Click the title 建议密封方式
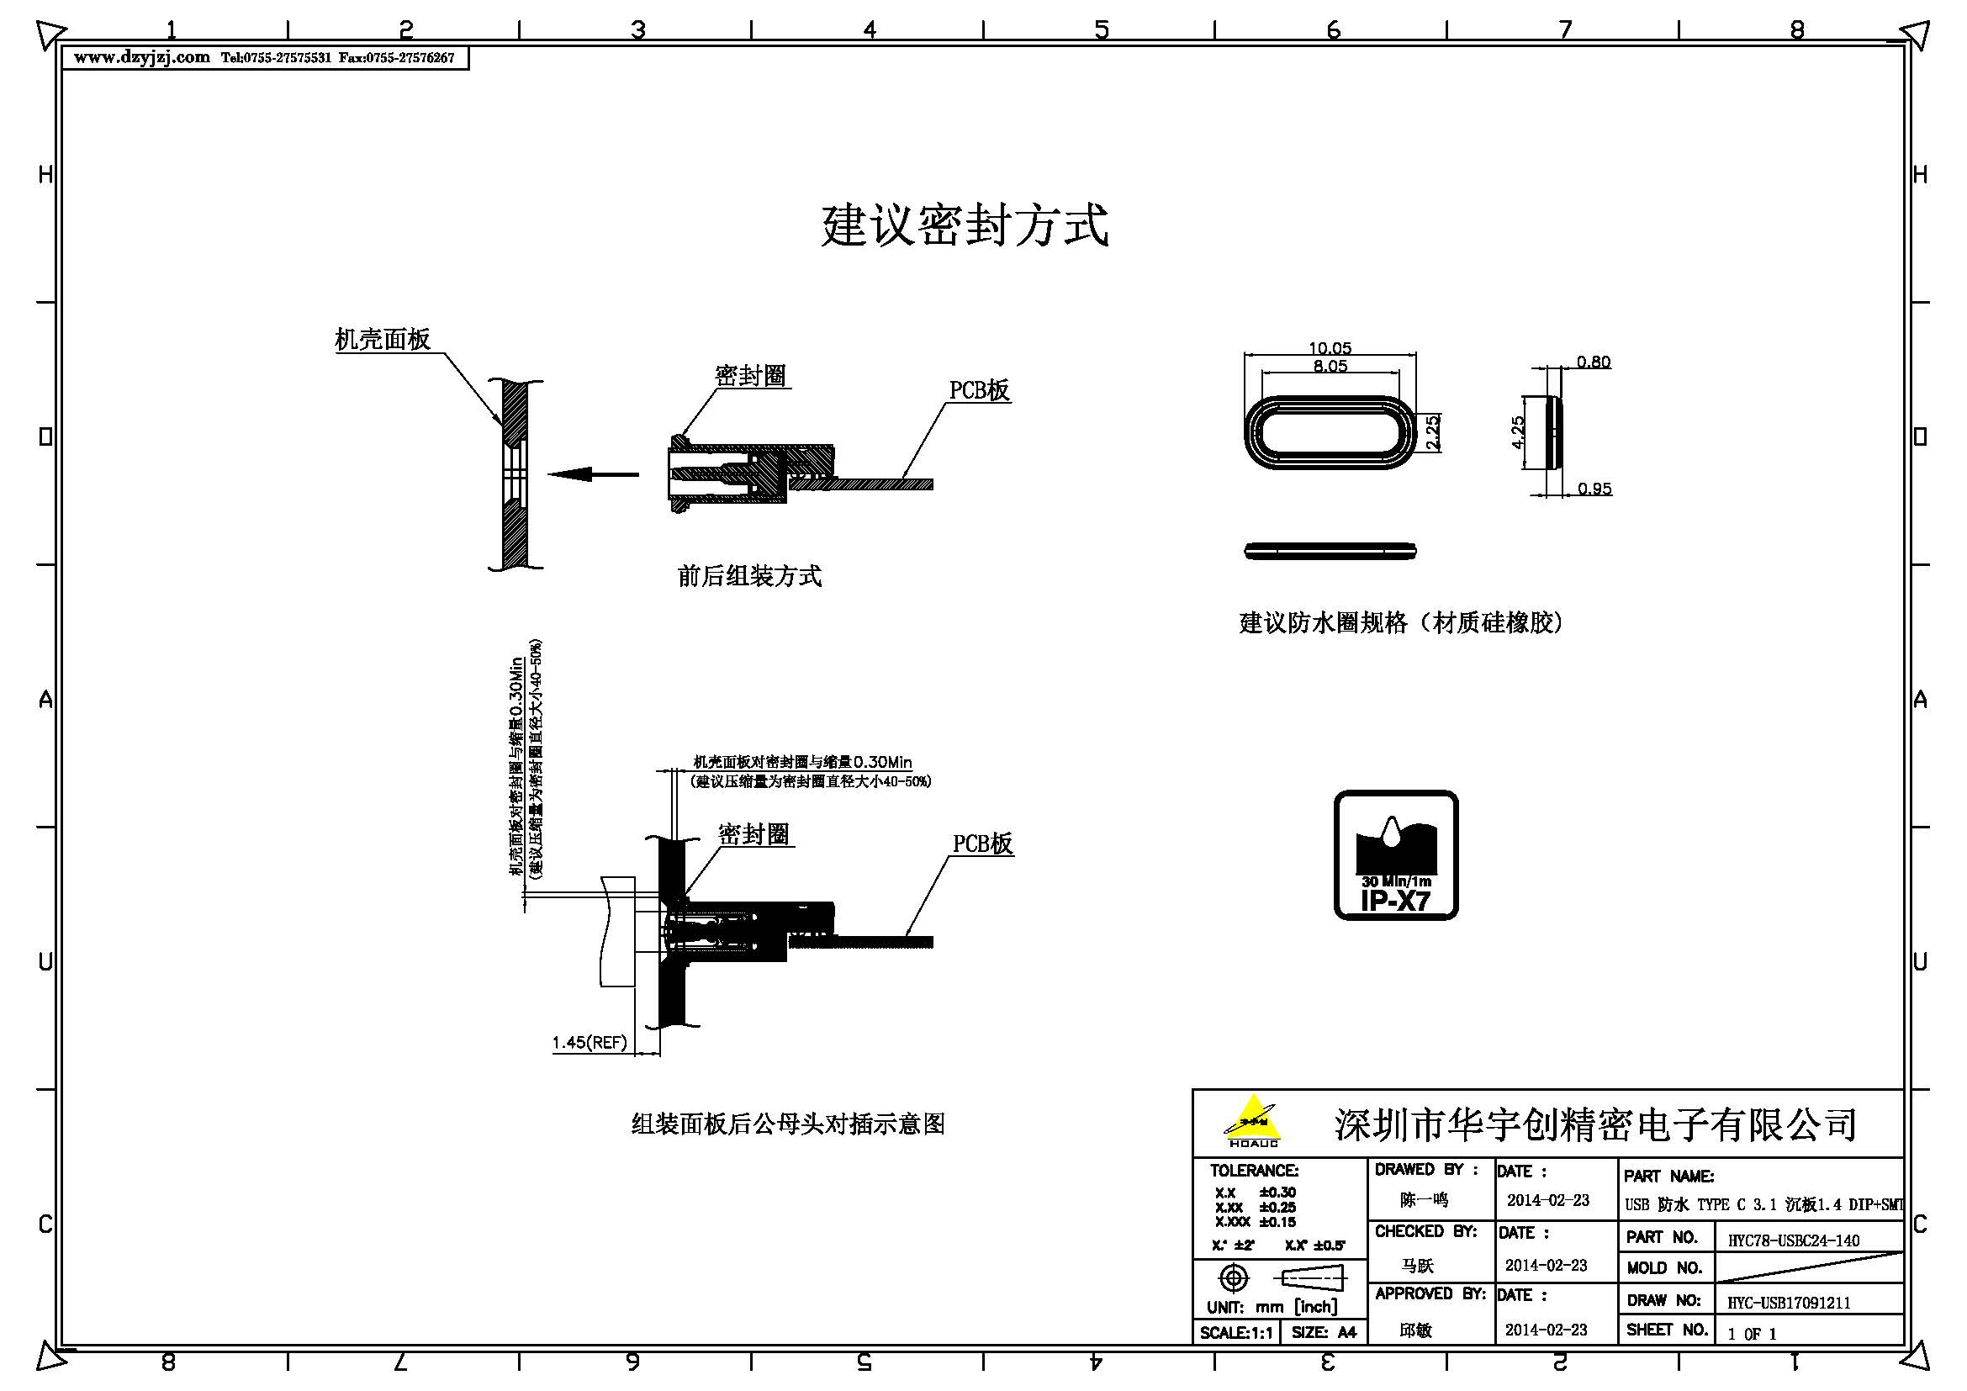965,225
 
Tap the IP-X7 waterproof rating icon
1396,854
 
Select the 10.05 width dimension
1329,348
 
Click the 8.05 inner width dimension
1330,366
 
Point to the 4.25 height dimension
1517,432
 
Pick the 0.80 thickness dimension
1594,362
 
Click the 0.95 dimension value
1594,489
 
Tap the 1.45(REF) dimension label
590,1042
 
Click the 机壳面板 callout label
382,340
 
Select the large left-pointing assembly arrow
592,473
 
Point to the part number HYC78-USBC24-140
1793,1240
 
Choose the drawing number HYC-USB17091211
1789,1303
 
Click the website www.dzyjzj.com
141,57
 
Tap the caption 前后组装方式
748,576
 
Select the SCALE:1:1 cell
1236,1333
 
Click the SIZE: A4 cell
1324,1333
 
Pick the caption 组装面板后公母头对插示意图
787,1124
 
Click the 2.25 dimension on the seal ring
1432,432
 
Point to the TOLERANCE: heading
1253,1171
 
